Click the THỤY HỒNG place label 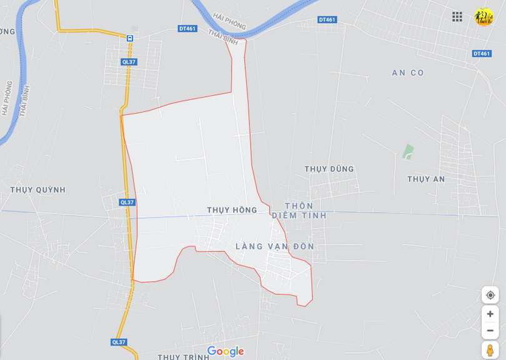232,210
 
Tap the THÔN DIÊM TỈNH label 299,211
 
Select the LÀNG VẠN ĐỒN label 275,247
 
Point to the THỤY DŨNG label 329,169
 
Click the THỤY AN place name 426,179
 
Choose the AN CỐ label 408,73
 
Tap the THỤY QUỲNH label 37,190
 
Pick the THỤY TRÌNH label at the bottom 183,356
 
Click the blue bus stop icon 129,38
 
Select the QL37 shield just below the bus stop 129,61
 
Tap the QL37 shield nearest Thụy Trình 119,342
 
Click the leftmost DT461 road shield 187,29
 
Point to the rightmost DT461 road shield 482,54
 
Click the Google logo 225,351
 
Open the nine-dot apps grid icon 457,17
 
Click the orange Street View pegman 490,350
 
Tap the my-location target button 490,295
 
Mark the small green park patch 408,151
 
